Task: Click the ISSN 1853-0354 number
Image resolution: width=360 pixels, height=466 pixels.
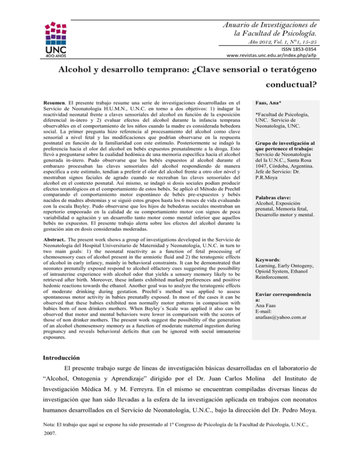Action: (284, 48)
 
